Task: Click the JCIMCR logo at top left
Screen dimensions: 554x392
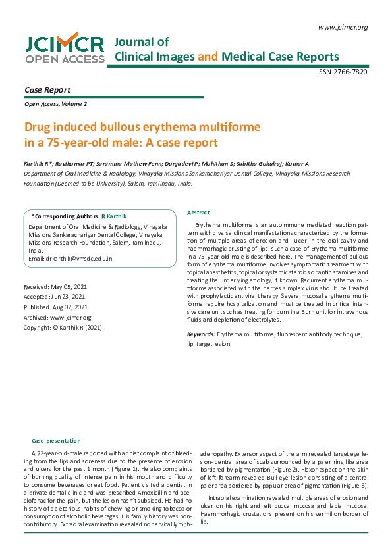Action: click(65, 49)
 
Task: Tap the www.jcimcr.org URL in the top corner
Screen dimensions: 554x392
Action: click(343, 27)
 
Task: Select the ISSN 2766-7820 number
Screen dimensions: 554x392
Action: click(342, 71)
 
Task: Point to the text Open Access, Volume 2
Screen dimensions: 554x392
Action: click(55, 104)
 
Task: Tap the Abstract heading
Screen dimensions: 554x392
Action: click(198, 213)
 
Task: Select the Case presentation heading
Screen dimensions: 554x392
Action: click(56, 440)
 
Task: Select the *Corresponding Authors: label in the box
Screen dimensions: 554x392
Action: click(65, 216)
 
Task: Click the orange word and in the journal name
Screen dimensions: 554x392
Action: click(208, 57)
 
